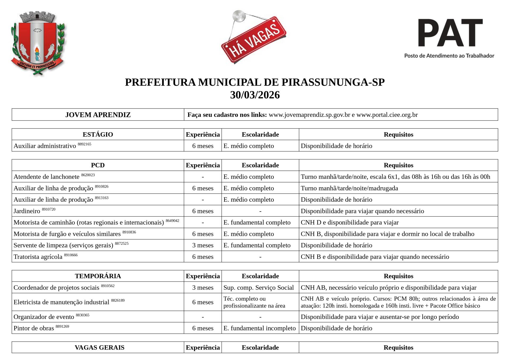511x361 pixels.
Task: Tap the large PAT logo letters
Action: click(450, 32)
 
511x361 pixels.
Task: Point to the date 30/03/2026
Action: click(255, 95)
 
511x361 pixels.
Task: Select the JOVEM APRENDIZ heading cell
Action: click(98, 115)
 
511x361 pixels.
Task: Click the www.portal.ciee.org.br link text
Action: click(387, 115)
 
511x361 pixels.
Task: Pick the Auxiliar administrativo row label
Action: click(45, 146)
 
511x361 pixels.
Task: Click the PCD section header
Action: click(98, 165)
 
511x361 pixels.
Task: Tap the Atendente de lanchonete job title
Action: click(47, 177)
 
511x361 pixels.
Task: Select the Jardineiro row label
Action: click(27, 211)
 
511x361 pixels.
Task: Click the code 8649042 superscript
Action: click(172, 221)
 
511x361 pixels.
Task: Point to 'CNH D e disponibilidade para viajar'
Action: click(350, 222)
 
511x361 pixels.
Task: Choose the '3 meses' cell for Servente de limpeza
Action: click(203, 245)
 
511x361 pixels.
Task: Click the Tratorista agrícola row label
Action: click(38, 257)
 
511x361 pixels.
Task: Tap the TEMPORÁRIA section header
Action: click(98, 276)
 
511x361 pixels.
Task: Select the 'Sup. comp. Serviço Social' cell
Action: click(259, 288)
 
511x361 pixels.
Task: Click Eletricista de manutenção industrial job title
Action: click(61, 302)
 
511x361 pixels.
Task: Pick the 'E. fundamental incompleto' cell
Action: click(259, 328)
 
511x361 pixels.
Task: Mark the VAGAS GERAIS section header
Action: click(100, 347)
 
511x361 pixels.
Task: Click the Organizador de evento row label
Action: click(44, 317)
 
